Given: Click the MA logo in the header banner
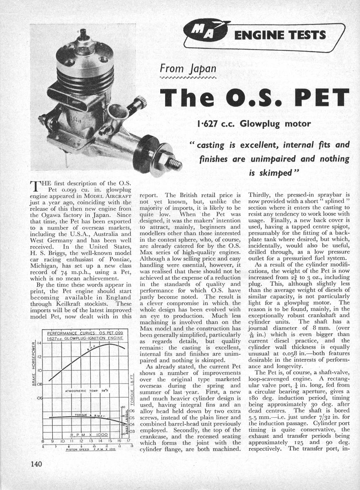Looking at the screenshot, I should pyautogui.click(x=204, y=31).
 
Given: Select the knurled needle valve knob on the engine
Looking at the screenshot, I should pyautogui.click(x=141, y=101).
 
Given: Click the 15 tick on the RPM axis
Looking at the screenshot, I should pyautogui.click(x=110, y=441).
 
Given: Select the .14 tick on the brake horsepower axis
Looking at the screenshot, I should pyautogui.click(x=39, y=343).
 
